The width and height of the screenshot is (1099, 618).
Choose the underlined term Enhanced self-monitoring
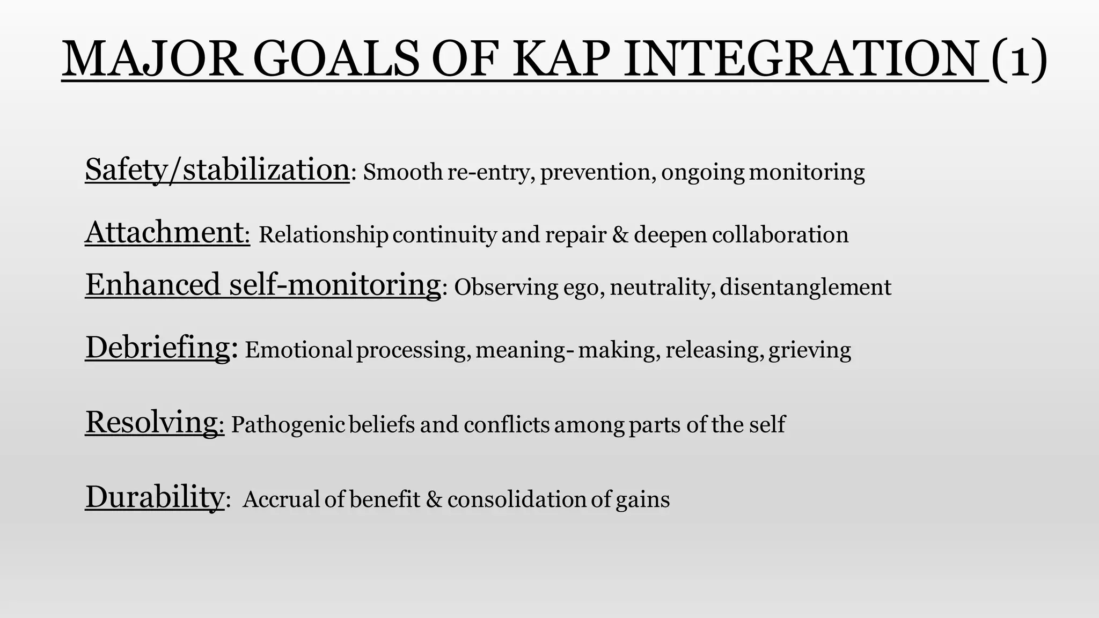(263, 284)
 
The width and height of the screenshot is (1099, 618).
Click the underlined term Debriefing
(158, 347)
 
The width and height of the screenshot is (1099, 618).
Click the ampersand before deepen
(620, 235)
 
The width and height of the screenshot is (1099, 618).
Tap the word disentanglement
(805, 288)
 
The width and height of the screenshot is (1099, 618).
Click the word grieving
(810, 350)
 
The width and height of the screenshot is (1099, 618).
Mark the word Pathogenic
(288, 425)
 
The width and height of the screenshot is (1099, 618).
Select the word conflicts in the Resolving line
(507, 425)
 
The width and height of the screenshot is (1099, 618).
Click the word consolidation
(516, 499)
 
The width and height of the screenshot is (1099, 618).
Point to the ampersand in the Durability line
(434, 499)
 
